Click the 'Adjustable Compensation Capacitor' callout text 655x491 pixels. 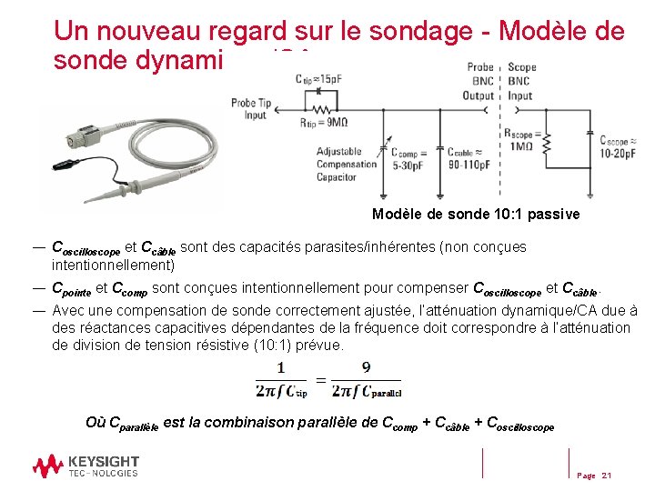347,164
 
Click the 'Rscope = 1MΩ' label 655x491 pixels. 524,140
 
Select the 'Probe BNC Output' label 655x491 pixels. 479,81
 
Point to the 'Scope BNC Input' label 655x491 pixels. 521,81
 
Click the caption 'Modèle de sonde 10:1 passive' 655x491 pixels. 475,215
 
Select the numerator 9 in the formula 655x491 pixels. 366,367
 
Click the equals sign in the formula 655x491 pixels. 320,380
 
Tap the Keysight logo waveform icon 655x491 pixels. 47,466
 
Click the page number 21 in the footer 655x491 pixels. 607,476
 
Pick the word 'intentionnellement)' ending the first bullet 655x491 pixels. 113,266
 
